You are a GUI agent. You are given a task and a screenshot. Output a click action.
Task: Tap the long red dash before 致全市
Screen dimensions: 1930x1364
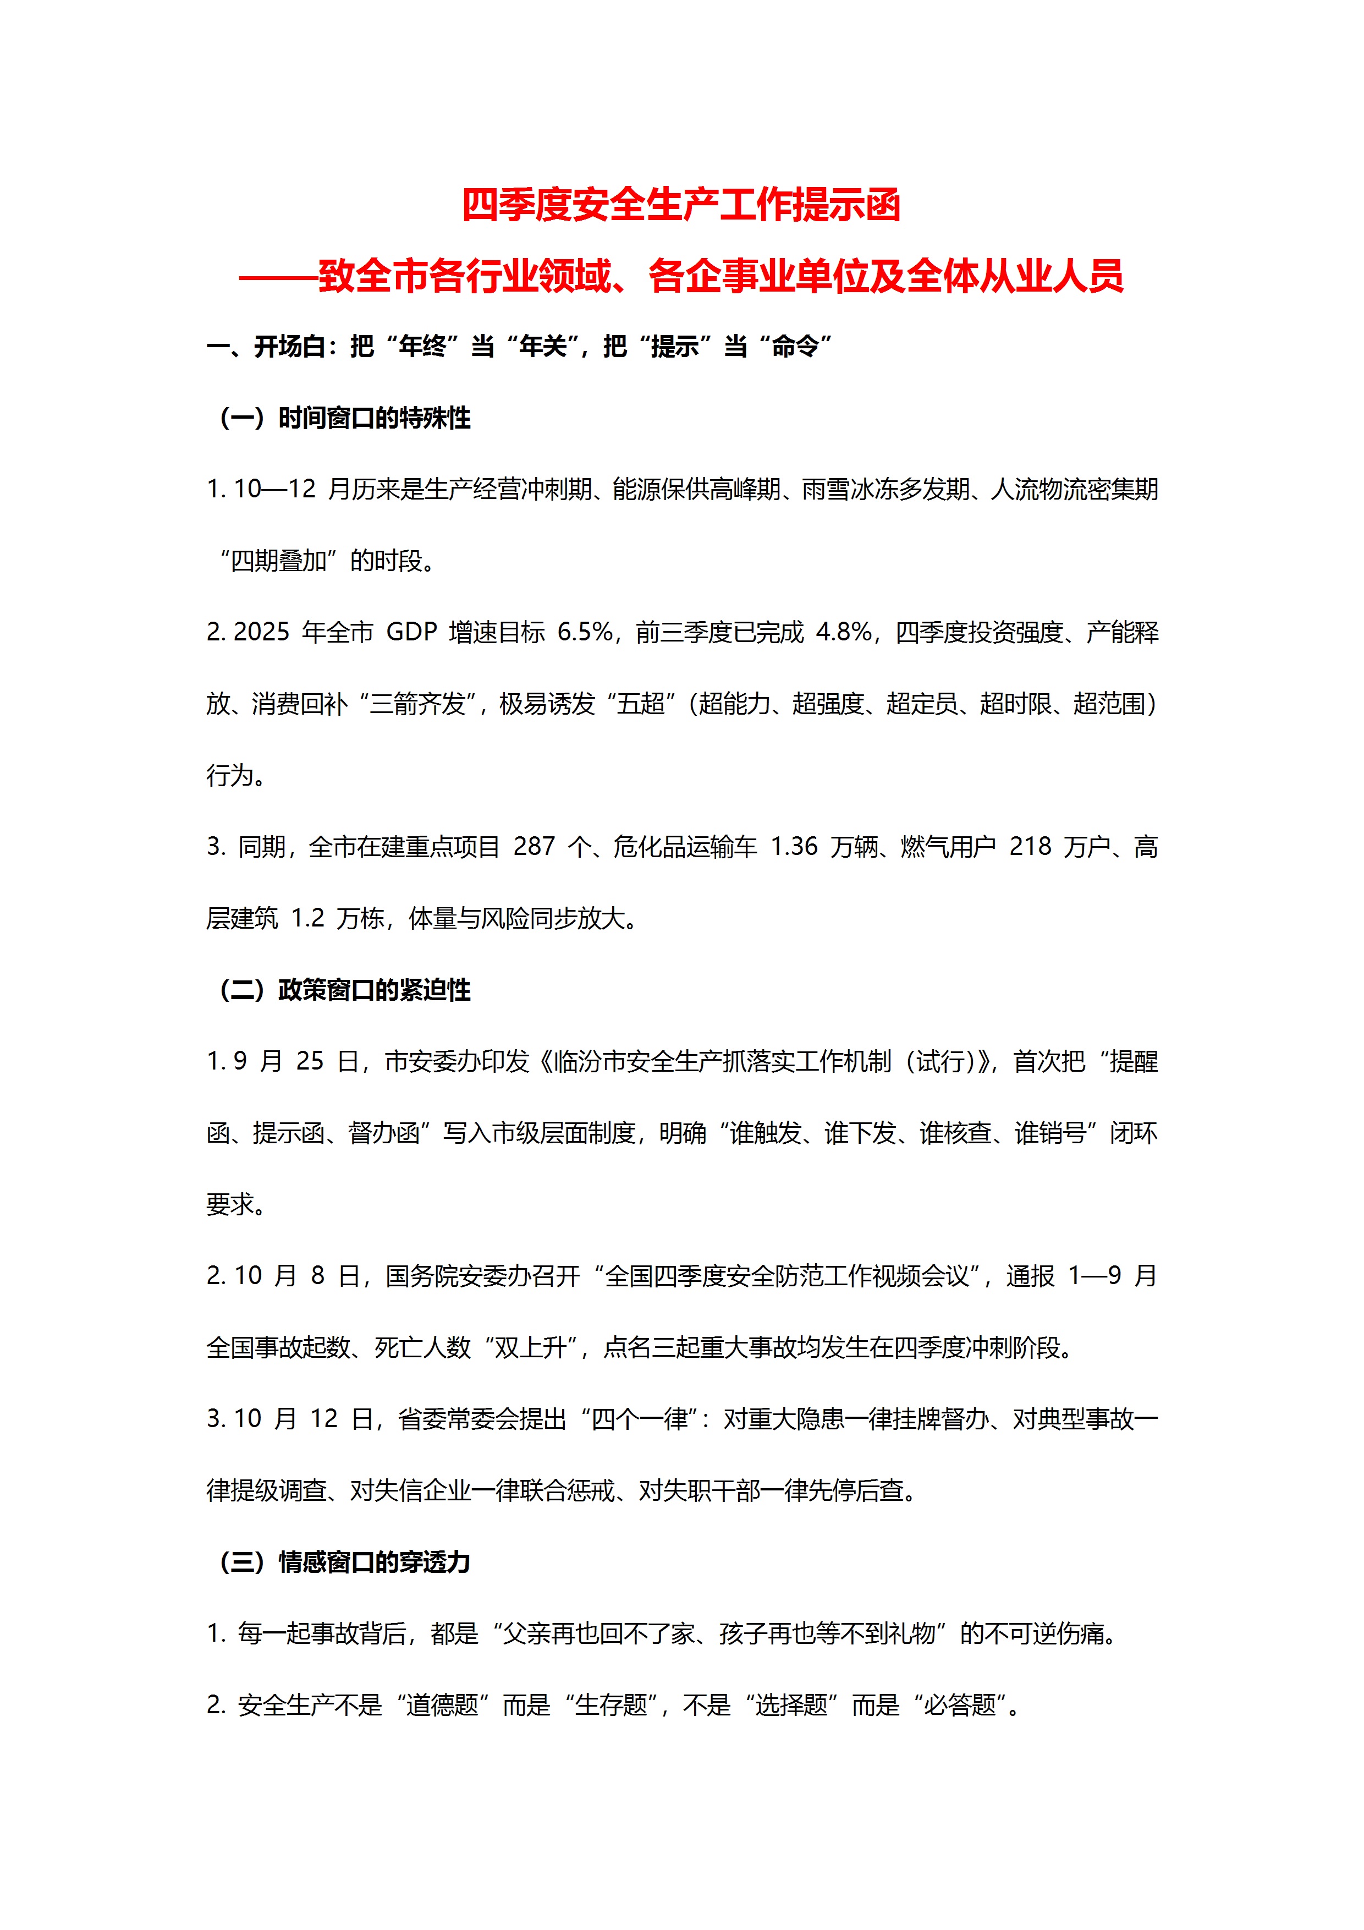pos(277,277)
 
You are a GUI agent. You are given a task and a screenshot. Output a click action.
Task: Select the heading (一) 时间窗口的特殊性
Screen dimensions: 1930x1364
pos(344,418)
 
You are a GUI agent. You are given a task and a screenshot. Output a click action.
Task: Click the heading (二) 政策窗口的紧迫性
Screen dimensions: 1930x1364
pos(344,990)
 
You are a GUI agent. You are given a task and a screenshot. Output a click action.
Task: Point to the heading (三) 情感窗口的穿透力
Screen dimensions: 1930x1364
pos(344,1562)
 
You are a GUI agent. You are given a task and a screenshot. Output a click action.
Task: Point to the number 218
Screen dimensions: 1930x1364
pos(1030,847)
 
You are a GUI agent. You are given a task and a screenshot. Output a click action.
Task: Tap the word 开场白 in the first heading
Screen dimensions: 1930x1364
pos(289,346)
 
